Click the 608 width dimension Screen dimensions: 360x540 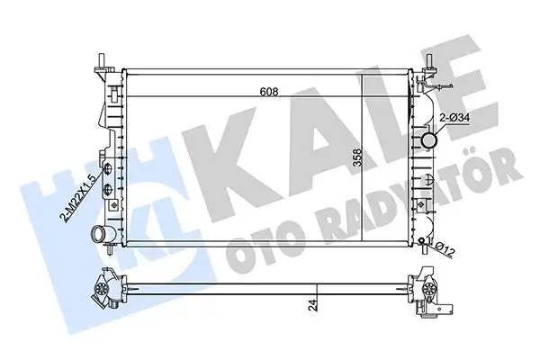[x=269, y=91]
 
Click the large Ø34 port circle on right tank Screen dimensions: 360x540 [x=428, y=141]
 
